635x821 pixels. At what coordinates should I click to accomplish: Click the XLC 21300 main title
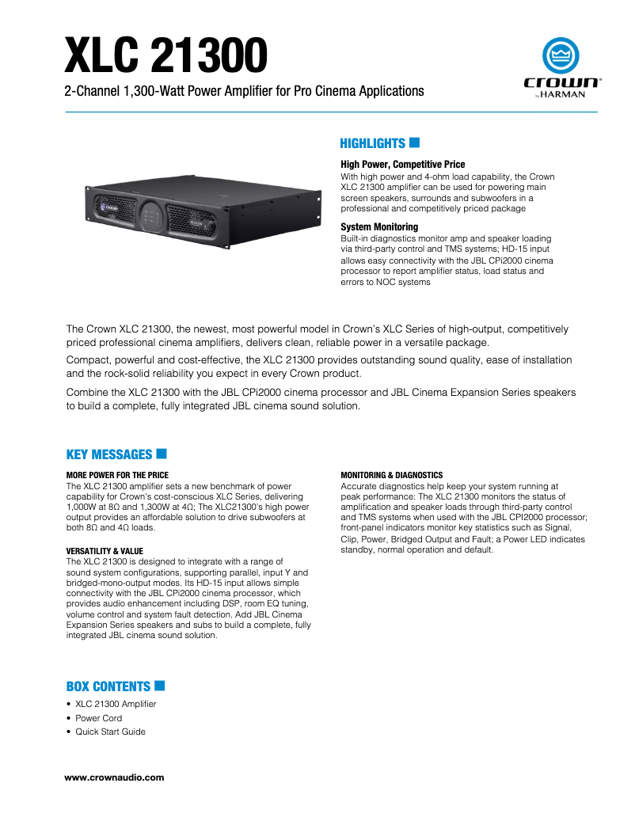[165, 53]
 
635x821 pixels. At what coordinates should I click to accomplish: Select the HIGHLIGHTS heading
[372, 143]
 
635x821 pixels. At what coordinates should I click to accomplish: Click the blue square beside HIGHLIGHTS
[414, 143]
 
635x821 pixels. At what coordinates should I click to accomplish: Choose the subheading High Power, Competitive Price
[402, 165]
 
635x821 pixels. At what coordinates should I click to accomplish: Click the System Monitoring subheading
[378, 227]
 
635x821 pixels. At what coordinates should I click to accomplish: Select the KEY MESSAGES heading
[108, 454]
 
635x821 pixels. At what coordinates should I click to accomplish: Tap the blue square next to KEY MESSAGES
[162, 454]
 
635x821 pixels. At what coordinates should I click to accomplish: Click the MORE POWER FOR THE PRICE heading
[117, 475]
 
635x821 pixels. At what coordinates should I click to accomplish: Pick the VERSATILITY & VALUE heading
[106, 550]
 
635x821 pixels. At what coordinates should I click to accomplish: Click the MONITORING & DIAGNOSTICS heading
[391, 475]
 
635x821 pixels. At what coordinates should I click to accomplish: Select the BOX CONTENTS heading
[108, 686]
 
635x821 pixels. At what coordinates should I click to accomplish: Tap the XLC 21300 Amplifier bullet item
[116, 704]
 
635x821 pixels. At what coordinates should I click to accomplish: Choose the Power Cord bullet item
[98, 718]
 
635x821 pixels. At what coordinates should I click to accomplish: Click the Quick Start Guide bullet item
[110, 732]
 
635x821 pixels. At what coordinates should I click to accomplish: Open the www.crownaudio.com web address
[114, 777]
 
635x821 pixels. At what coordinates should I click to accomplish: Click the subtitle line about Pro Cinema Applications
[244, 91]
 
